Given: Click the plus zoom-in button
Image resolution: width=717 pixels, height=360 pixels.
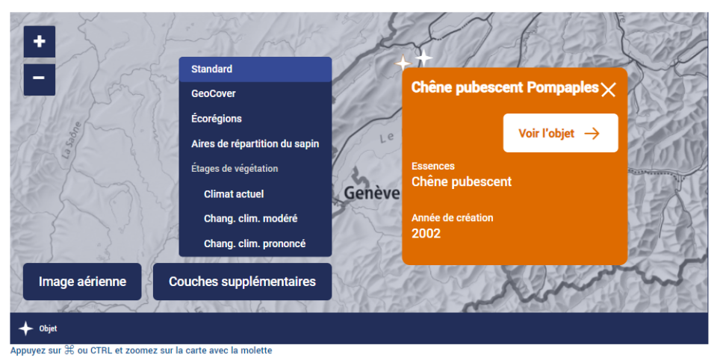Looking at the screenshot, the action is pyautogui.click(x=40, y=42).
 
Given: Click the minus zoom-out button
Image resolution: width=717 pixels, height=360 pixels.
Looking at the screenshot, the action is pyautogui.click(x=40, y=80).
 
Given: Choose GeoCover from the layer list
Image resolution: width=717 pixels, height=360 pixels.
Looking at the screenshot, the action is pyautogui.click(x=214, y=94).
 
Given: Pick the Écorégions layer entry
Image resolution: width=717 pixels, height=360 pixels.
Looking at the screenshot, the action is pyautogui.click(x=217, y=119).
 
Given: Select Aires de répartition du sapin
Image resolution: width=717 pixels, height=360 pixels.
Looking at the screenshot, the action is pyautogui.click(x=255, y=143).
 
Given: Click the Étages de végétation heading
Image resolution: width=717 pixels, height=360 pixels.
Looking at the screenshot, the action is pyautogui.click(x=235, y=169).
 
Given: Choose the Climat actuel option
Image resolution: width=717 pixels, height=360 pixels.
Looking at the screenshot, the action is pyautogui.click(x=234, y=194).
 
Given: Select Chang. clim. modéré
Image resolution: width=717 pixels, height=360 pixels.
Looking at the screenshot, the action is pyautogui.click(x=251, y=219).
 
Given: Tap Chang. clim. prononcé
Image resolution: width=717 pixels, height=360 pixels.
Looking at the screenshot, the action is pyautogui.click(x=255, y=243).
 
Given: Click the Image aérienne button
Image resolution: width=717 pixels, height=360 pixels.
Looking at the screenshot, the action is pyautogui.click(x=82, y=282).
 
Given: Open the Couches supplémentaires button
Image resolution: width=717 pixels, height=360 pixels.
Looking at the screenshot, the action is pyautogui.click(x=242, y=282).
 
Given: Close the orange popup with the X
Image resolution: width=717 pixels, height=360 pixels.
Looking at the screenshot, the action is pyautogui.click(x=608, y=90).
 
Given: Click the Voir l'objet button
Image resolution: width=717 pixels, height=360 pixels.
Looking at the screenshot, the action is pyautogui.click(x=561, y=133).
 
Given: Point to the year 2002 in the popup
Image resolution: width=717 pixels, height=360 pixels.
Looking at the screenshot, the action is pyautogui.click(x=426, y=234).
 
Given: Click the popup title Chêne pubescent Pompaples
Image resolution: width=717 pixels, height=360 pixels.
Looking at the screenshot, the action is pyautogui.click(x=505, y=87).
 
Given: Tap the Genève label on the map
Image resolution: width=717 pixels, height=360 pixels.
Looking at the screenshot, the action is pyautogui.click(x=371, y=193).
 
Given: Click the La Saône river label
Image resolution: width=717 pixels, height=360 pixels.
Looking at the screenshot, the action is pyautogui.click(x=72, y=140).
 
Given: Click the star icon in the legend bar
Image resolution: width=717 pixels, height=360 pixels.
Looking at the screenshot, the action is pyautogui.click(x=26, y=329).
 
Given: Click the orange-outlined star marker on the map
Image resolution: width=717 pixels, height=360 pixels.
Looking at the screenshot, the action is pyautogui.click(x=403, y=63).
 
